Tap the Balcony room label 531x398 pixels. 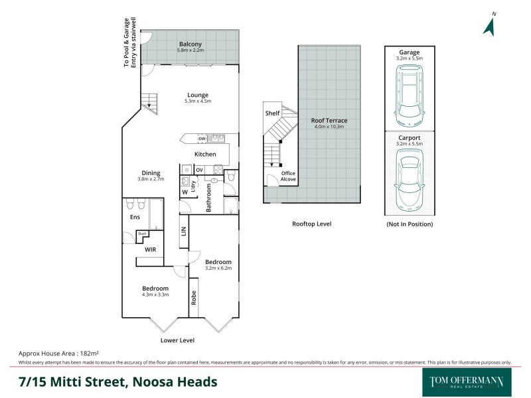pos(190,44)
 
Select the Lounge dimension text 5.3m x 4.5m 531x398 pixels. pos(197,101)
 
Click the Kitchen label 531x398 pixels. pos(205,155)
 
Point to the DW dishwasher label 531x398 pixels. pos(202,139)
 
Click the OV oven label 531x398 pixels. pos(198,170)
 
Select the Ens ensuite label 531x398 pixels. pos(135,217)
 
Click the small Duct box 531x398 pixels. pos(141,233)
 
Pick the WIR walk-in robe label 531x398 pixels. pos(150,251)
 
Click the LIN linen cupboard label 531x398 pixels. pos(183,232)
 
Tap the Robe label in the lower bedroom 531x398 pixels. pos(194,298)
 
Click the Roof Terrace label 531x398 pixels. pos(329,121)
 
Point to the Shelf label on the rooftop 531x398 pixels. pos(272,113)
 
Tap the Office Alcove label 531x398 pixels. pos(288,176)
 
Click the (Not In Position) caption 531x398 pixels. pos(410,224)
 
